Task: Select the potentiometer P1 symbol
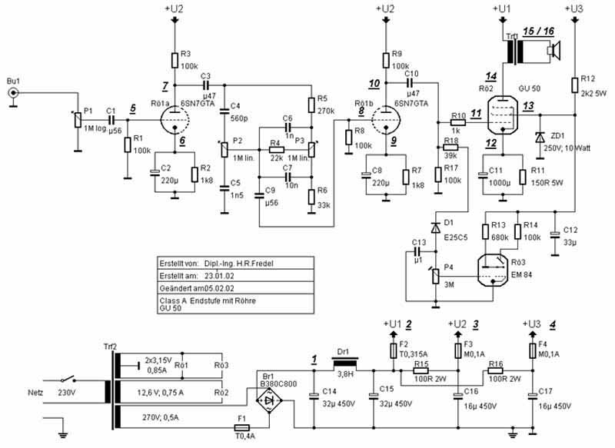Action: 76,120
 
